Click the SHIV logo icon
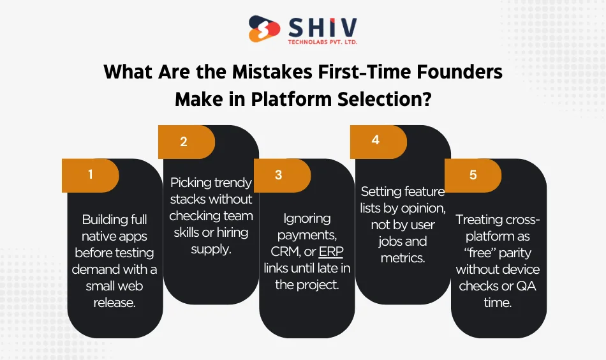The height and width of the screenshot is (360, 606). click(264, 30)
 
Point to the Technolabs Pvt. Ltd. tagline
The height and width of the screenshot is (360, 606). click(322, 42)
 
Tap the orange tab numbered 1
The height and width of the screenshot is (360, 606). click(91, 174)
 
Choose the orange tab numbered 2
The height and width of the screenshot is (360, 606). click(184, 142)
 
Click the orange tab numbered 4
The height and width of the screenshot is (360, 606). click(376, 140)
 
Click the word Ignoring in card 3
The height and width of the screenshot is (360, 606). click(307, 218)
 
